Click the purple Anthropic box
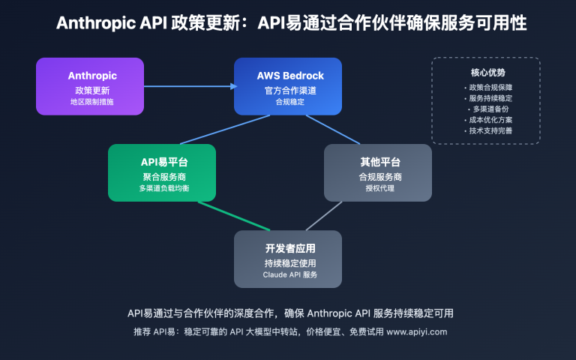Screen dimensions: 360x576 click(x=90, y=86)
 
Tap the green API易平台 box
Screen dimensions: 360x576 click(x=162, y=172)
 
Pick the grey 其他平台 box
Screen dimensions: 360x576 click(x=378, y=172)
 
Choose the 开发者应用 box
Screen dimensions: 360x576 click(x=288, y=259)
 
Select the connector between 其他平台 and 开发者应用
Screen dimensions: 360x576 click(x=325, y=216)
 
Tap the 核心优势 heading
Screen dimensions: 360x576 click(x=487, y=73)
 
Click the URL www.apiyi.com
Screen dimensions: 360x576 click(x=416, y=331)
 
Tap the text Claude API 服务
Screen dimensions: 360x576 click(x=288, y=274)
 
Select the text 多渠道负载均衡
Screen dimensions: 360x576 click(x=162, y=188)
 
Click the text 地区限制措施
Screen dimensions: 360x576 click(x=90, y=101)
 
